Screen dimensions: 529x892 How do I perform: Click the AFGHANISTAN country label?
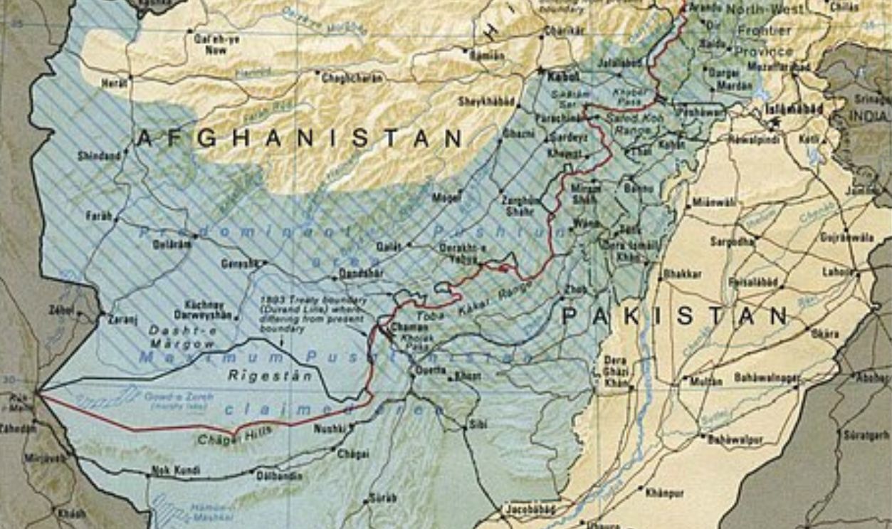[300, 138]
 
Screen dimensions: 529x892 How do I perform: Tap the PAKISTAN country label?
[676, 315]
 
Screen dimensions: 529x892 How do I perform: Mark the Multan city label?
[705, 381]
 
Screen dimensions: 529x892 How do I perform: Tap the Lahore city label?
[836, 271]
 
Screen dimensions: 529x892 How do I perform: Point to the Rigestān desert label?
[270, 376]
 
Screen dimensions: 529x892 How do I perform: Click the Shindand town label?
[100, 154]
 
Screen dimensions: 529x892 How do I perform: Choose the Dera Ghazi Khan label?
[616, 371]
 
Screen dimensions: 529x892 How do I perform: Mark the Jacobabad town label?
[529, 510]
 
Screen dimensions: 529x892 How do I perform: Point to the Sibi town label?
[479, 424]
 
